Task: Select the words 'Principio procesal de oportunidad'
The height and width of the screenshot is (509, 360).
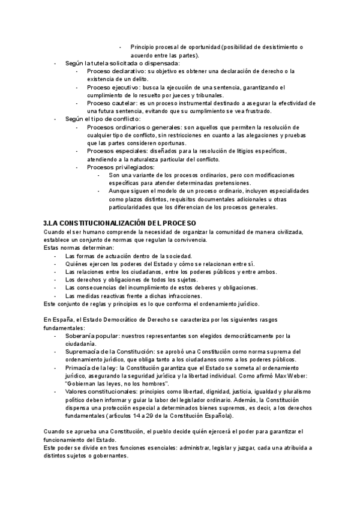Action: point(176,47)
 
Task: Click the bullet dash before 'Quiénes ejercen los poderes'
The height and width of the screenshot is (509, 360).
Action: point(55,264)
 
